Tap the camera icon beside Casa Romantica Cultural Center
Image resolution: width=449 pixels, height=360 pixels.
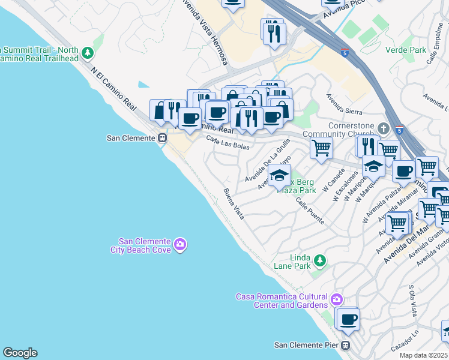tap(337, 299)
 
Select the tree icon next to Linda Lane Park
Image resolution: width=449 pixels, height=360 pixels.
tap(320, 260)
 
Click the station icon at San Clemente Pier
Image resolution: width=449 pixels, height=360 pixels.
tap(346, 345)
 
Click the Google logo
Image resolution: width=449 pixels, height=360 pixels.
tap(20, 353)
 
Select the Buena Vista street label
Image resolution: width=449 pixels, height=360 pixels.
tap(234, 204)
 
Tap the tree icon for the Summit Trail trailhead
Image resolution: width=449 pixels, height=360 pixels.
tap(88, 53)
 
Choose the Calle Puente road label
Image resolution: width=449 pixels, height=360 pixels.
tap(310, 212)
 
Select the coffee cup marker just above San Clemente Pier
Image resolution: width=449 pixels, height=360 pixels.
tap(348, 319)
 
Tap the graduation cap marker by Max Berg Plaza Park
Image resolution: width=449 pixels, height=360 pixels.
tap(279, 175)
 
